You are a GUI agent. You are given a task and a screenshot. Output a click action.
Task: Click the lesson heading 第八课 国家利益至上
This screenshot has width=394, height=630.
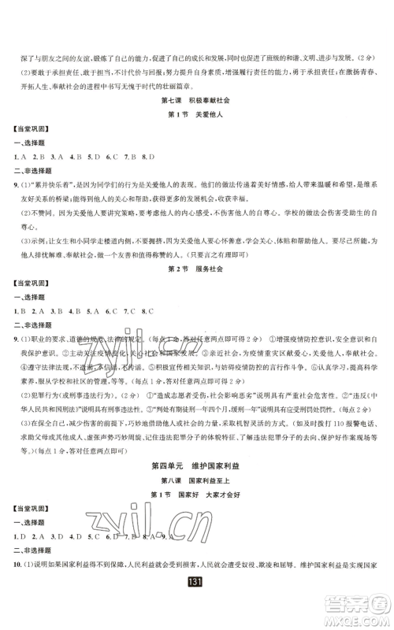(196, 483)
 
